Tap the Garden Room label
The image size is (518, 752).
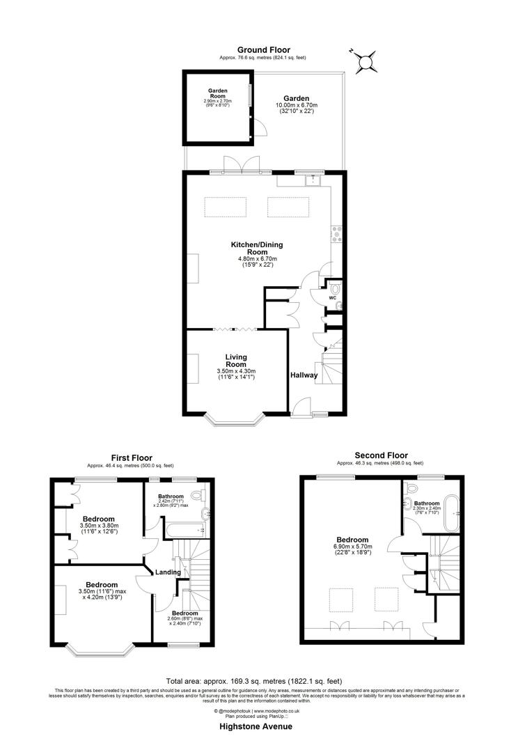[219, 93]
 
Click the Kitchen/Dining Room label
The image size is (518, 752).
[257, 245]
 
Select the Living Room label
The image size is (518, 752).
[236, 361]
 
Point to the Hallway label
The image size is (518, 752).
[304, 375]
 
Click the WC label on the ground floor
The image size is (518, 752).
[331, 298]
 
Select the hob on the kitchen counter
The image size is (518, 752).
[337, 234]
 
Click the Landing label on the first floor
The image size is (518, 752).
[168, 572]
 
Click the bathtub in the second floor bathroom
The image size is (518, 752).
[454, 515]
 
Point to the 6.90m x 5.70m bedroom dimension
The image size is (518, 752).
[352, 547]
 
